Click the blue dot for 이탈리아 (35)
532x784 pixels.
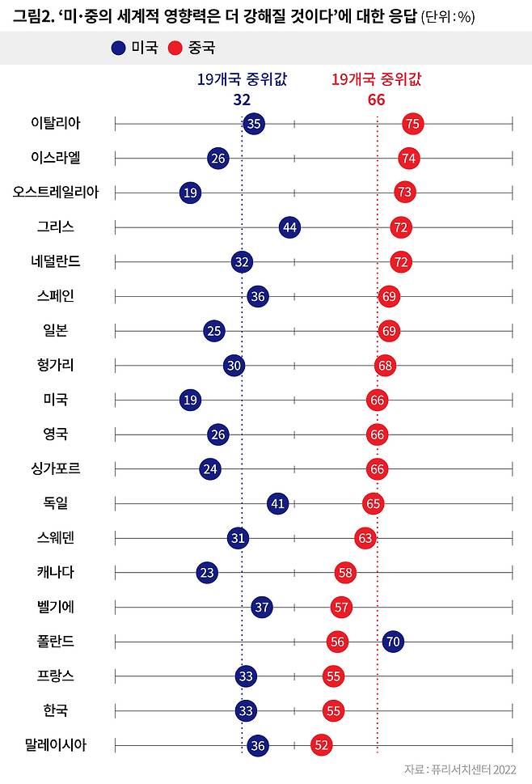[x=254, y=124]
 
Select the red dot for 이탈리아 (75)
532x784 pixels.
[x=413, y=124]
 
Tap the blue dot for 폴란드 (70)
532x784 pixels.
[x=393, y=642]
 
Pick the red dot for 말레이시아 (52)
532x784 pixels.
[x=322, y=745]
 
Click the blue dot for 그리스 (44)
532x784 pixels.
[x=290, y=227]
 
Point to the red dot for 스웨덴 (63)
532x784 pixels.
[x=365, y=538]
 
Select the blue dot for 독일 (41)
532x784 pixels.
[x=278, y=503]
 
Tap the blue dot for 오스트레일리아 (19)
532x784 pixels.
[x=190, y=193]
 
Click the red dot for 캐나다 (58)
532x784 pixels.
[x=346, y=573]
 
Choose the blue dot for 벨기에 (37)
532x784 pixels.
[x=261, y=607]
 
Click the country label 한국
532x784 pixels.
[x=55, y=710]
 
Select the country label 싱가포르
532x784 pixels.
[x=55, y=468]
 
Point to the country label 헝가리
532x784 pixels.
[x=55, y=365]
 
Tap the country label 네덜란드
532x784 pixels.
[x=55, y=261]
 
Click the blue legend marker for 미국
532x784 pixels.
[x=119, y=49]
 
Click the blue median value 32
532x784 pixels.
[x=242, y=100]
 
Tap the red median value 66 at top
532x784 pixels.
[x=376, y=100]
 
